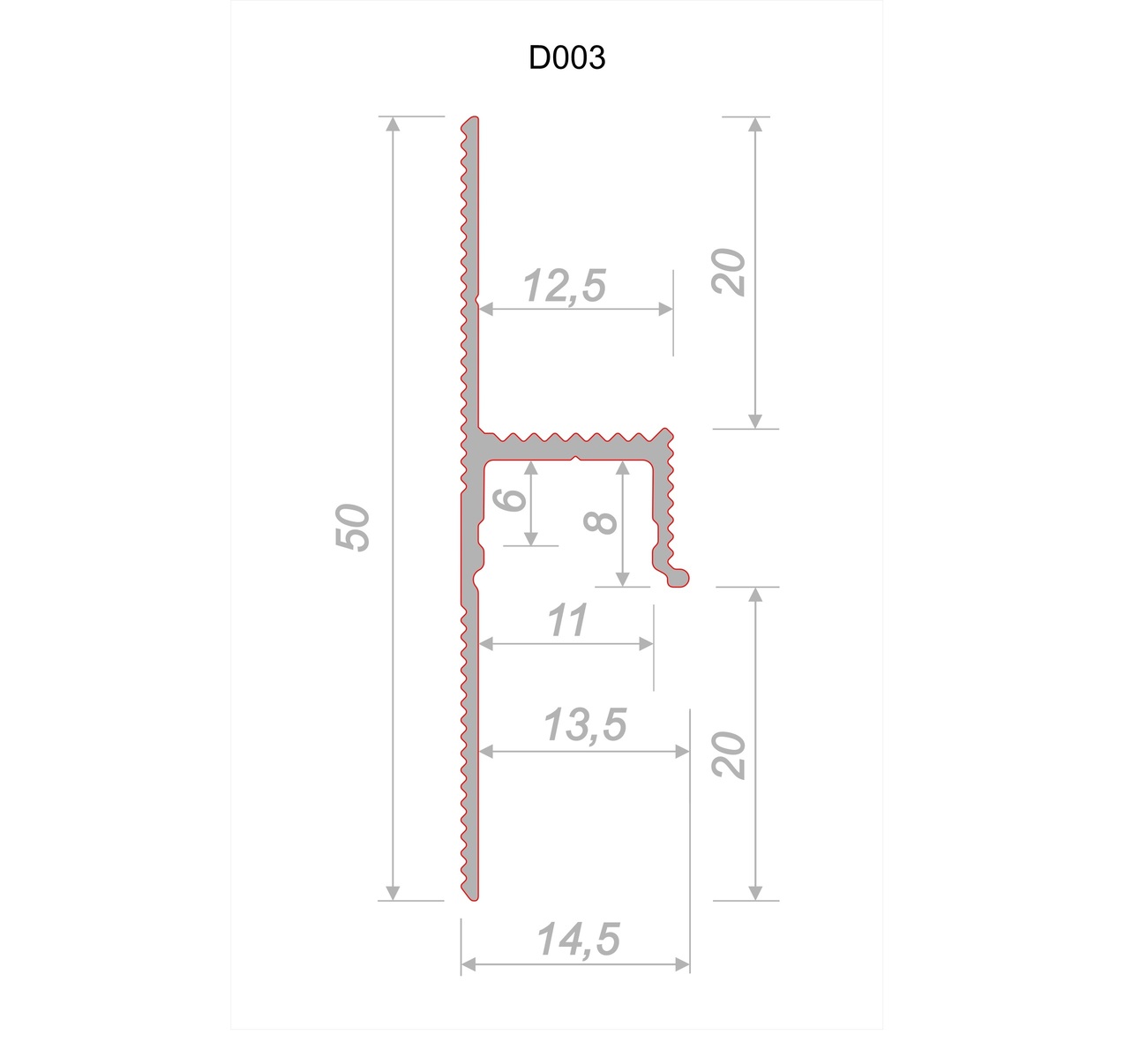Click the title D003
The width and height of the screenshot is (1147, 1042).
point(566,57)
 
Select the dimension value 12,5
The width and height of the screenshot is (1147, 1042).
point(565,286)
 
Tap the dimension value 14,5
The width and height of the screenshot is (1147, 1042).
point(578,940)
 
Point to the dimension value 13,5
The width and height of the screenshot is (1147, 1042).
point(584,726)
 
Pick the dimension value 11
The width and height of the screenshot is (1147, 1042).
point(566,621)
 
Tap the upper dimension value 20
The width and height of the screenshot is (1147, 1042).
point(730,273)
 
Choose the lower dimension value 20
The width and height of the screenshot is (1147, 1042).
point(730,755)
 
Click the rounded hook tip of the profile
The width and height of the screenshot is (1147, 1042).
point(679,577)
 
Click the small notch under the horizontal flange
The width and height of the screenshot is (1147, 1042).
point(575,459)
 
